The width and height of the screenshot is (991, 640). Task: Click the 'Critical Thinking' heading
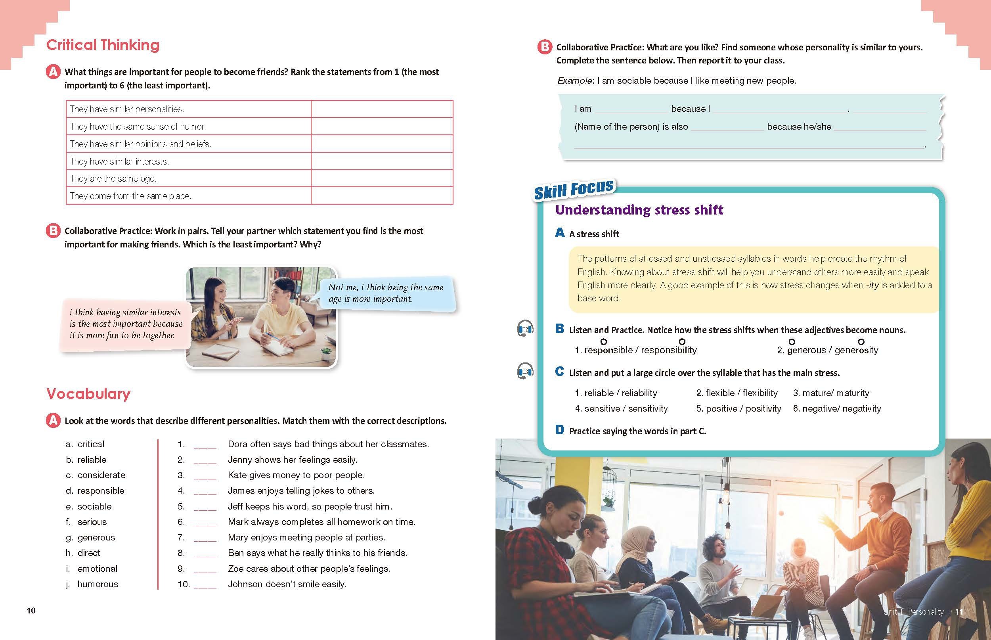pos(103,45)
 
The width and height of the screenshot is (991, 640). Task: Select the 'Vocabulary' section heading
pos(88,394)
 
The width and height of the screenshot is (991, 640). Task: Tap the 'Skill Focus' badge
pos(574,190)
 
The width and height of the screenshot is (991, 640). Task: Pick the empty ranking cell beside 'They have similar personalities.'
pos(381,109)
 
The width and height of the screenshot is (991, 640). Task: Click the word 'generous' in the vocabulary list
pos(96,537)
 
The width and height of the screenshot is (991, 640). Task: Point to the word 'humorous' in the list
pos(98,584)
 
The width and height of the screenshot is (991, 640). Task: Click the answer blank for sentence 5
pos(205,507)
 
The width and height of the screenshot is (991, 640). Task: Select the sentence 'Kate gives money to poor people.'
pos(296,475)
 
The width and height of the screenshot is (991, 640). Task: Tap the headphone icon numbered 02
pos(525,329)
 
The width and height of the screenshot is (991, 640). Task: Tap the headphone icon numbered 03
pos(525,371)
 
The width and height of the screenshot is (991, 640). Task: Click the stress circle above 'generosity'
pos(861,341)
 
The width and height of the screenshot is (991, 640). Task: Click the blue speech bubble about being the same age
pos(386,293)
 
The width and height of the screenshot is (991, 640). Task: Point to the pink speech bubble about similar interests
pos(126,324)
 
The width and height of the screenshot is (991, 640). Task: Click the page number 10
pos(31,610)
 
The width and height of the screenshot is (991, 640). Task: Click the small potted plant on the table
pos(327,353)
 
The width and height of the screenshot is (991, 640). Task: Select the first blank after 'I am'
pos(631,110)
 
